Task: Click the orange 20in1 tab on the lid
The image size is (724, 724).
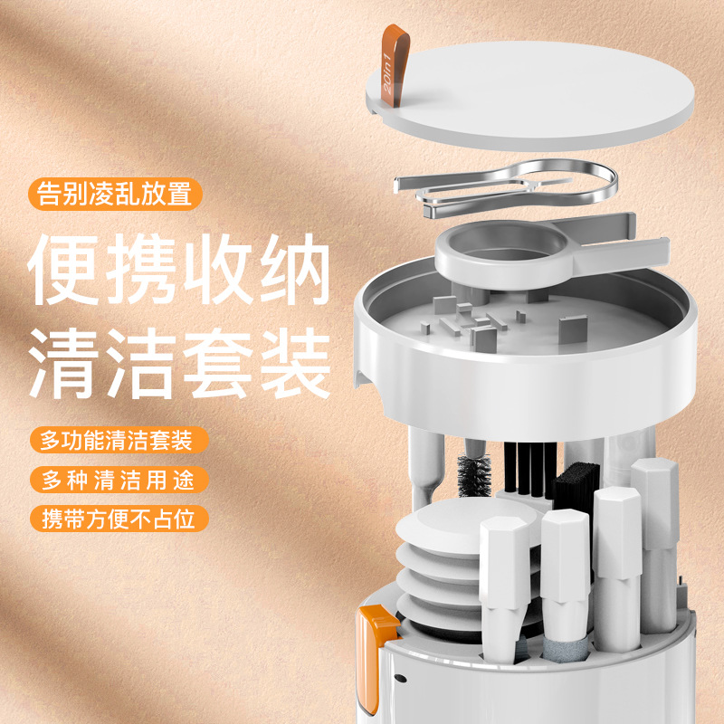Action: pos(394,63)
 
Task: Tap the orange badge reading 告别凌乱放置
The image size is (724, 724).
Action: pos(114,195)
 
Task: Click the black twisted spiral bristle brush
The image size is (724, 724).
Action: pos(473,475)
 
